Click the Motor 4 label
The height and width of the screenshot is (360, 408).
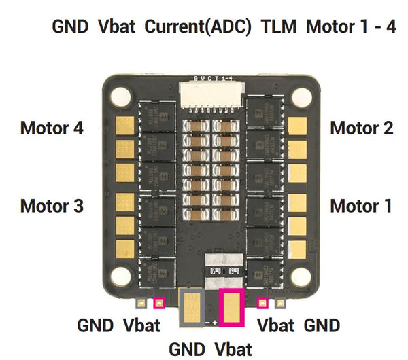tap(52, 128)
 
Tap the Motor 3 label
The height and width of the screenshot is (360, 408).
tap(52, 205)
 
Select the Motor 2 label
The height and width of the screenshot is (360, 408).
tap(361, 128)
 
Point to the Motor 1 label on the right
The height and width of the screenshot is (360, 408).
tap(361, 205)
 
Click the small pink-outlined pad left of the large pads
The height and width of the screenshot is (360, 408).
tap(160, 304)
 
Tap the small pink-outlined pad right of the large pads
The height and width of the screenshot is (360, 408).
tap(262, 304)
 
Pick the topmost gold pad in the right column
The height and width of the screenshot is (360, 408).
tap(298, 124)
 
